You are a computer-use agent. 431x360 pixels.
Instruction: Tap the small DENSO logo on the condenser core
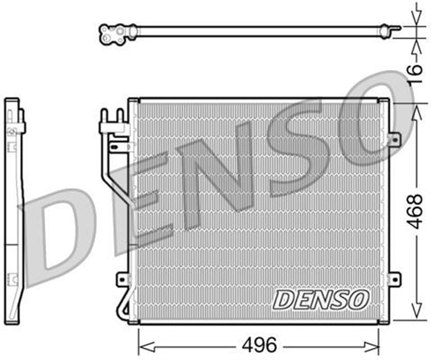tap(321, 299)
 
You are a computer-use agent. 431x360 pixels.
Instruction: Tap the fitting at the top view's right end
tap(385, 30)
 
